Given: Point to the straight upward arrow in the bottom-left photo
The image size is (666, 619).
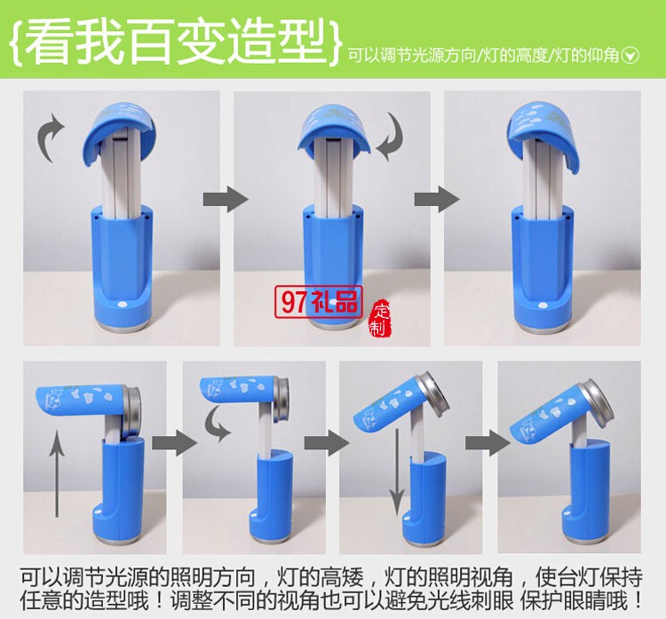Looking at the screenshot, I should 59,468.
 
